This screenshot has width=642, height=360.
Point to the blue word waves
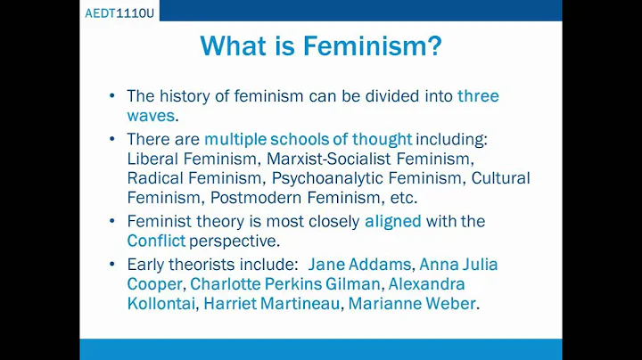[152, 116]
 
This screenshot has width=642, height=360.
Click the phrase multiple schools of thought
[308, 139]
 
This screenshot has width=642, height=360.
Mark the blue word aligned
[393, 221]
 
